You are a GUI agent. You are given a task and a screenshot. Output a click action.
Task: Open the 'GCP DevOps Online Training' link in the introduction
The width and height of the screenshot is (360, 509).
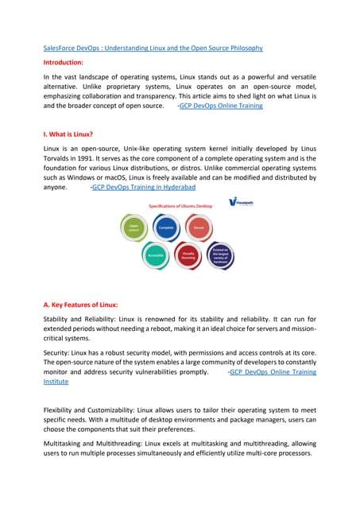(x=220, y=106)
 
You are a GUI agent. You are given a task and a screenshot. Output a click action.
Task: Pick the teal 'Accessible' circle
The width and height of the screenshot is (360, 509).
(x=156, y=255)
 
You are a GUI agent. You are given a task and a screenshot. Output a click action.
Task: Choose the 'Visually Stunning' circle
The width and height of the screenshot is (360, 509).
(x=188, y=256)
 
